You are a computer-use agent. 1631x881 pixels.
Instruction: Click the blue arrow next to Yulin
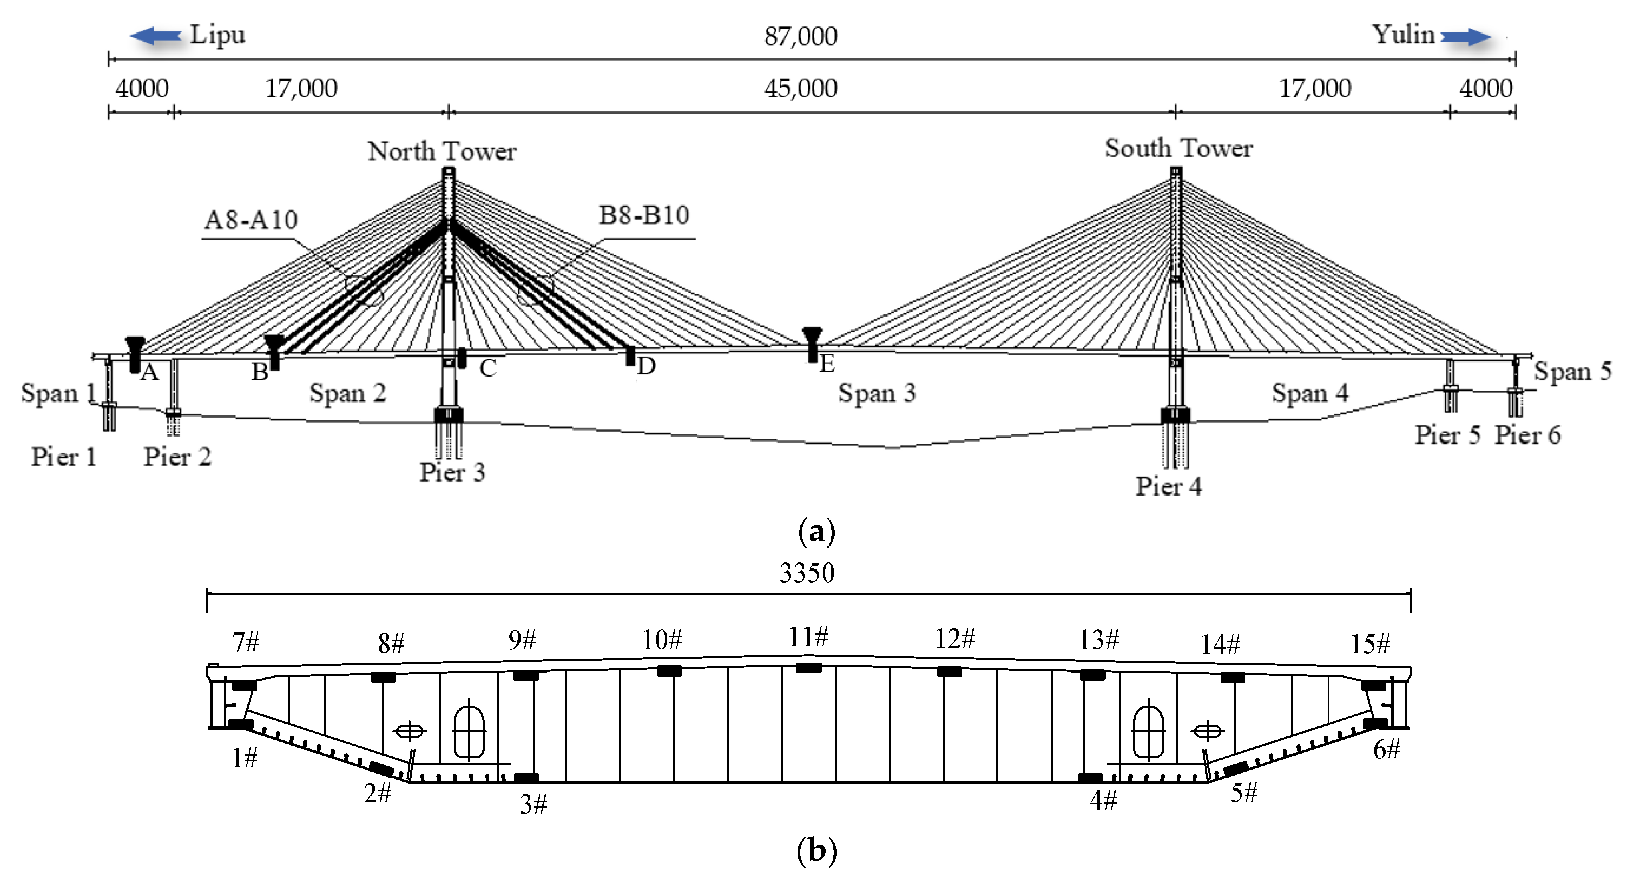click(x=1466, y=37)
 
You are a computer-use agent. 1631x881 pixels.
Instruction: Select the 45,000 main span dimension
click(x=800, y=89)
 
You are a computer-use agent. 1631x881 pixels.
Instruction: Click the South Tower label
click(x=1178, y=149)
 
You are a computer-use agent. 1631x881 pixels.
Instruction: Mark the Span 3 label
click(x=877, y=393)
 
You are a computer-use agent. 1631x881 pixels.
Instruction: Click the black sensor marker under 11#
click(x=808, y=668)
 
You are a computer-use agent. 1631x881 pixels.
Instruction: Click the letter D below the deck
click(x=646, y=366)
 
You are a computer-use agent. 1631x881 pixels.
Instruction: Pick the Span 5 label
click(x=1572, y=371)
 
